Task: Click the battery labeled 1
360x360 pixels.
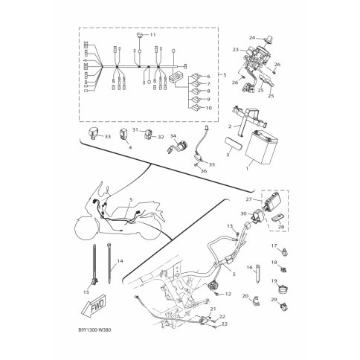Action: coord(260,147)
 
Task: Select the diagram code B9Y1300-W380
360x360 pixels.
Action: coord(94,330)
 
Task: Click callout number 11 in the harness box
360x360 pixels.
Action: coord(152,35)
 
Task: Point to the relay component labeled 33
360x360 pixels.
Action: coord(93,132)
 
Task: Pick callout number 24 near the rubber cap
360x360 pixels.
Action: coord(252,38)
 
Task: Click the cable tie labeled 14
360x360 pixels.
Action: coord(109,263)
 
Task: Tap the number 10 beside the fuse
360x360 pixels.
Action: coord(209,108)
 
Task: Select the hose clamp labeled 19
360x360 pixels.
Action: coord(283,289)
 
